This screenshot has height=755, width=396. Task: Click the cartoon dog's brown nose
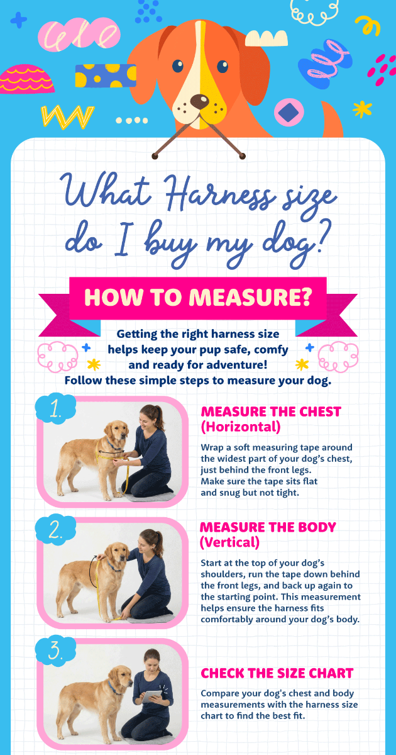(199, 101)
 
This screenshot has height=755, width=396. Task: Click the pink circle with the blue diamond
(289, 112)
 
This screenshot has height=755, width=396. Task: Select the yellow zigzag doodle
(67, 116)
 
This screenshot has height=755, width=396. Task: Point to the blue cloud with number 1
(55, 408)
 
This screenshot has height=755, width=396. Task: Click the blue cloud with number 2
(55, 530)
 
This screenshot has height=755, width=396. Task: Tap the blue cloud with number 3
(55, 651)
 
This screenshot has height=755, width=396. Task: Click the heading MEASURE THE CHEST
(271, 411)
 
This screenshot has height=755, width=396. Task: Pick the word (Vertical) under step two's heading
(229, 542)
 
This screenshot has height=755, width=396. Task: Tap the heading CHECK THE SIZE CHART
(277, 673)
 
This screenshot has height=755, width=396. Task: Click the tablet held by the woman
(151, 696)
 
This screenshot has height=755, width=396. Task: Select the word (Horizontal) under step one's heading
(241, 427)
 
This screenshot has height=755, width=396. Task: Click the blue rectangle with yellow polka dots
(106, 75)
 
